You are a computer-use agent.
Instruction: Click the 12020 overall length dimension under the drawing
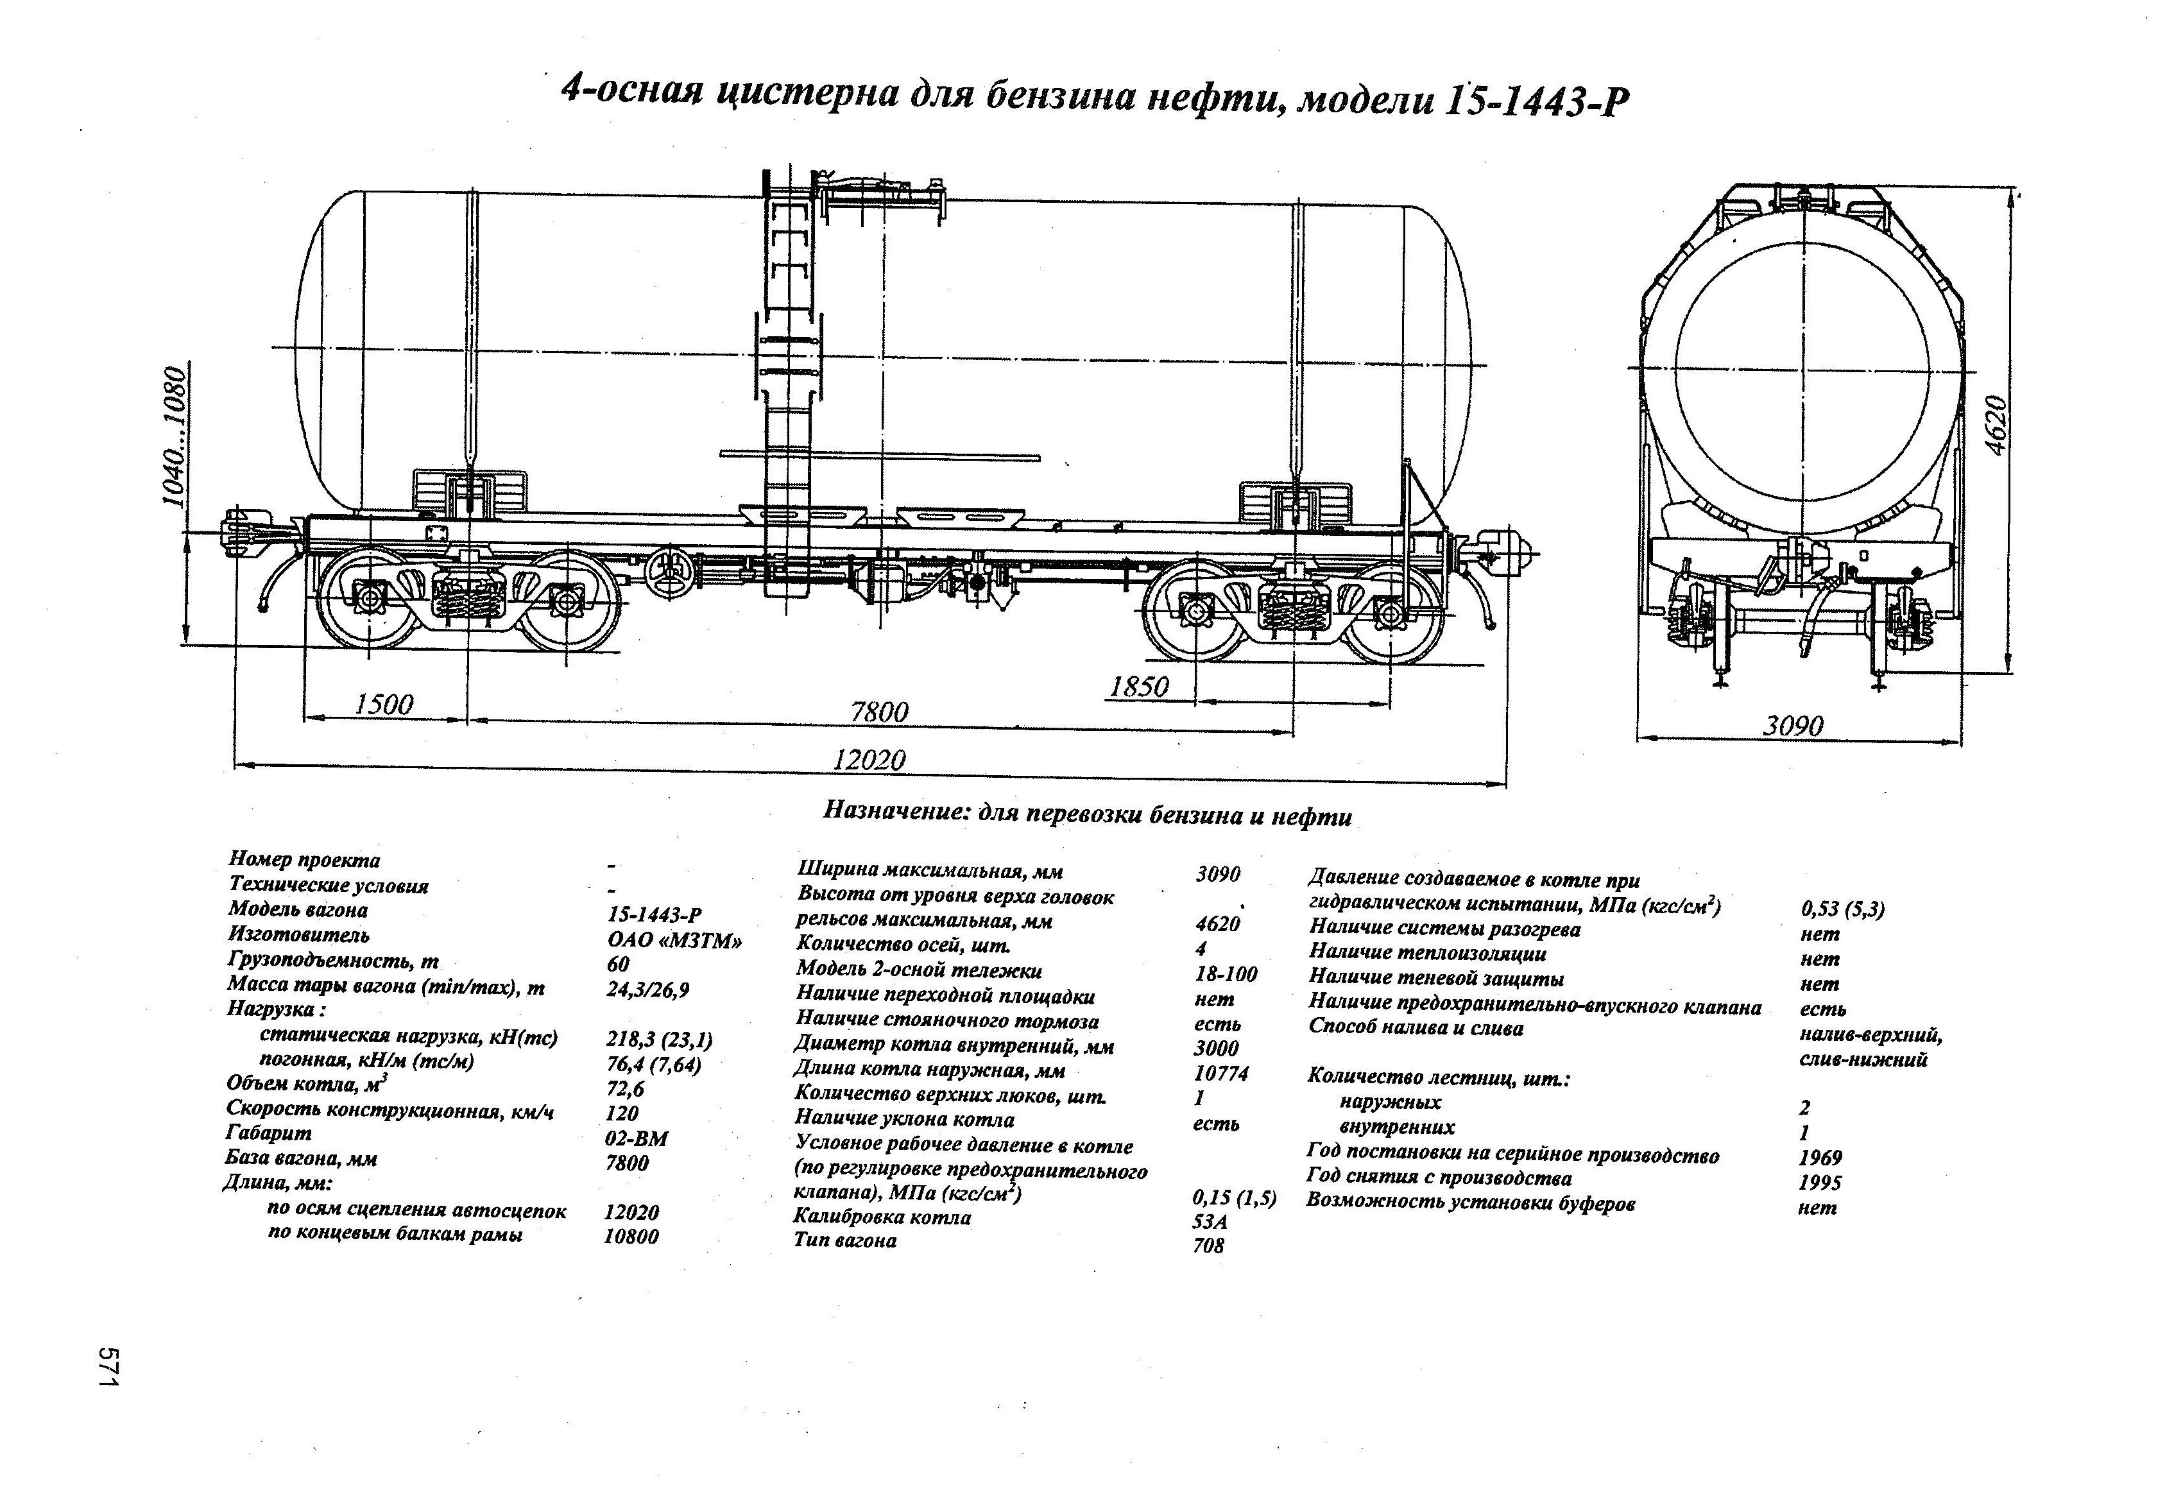pos(869,759)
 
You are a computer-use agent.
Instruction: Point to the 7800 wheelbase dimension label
pos(879,712)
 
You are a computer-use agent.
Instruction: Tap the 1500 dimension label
pos(384,705)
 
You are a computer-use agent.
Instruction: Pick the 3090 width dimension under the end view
pos(1793,726)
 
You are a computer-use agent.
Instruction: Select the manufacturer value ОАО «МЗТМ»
pos(674,940)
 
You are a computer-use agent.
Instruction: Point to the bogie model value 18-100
pos(1226,975)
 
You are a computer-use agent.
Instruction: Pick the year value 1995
pos(1819,1183)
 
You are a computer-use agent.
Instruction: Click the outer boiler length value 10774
pos(1220,1073)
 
